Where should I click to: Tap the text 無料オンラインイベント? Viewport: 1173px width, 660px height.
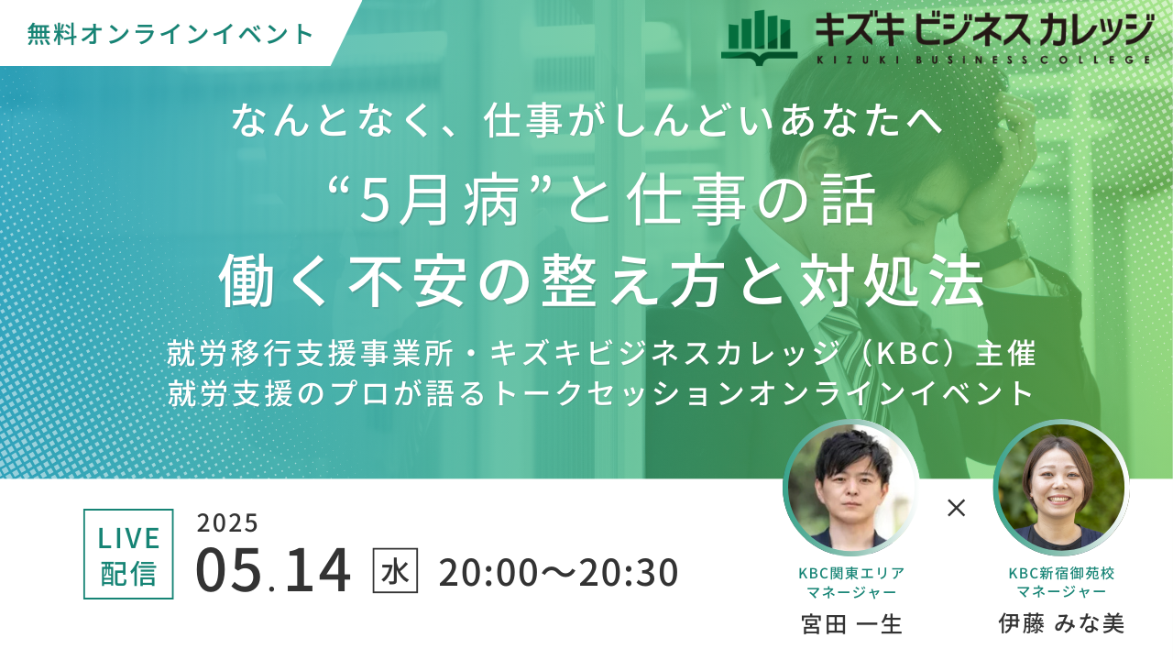point(170,34)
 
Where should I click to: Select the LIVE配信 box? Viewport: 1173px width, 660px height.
point(128,554)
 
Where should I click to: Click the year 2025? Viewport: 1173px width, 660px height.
point(227,522)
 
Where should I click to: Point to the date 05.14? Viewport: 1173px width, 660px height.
point(273,570)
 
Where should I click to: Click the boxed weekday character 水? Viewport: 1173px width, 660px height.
point(395,570)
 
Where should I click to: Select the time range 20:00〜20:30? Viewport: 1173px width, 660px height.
point(559,572)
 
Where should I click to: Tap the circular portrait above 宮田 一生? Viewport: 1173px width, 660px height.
point(850,487)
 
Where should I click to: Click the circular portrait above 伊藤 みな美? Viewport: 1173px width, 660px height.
point(1061,487)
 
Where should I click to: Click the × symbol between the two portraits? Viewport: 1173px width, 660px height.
point(956,508)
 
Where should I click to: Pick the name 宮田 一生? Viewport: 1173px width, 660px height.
point(851,624)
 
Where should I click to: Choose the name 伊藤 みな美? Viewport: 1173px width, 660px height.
point(1061,624)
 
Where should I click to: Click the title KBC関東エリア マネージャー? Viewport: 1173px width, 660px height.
point(851,582)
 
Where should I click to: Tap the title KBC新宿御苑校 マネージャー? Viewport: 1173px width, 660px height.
point(1061,582)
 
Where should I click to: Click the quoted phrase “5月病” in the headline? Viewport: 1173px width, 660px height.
point(432,201)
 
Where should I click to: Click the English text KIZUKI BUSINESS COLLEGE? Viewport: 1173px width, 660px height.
point(983,60)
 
